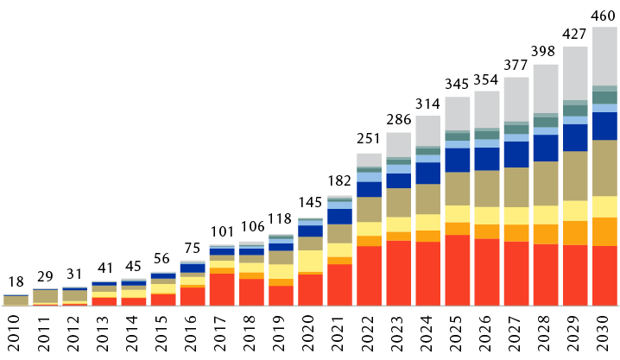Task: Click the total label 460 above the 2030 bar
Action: click(x=604, y=16)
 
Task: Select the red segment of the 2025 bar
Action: click(x=458, y=269)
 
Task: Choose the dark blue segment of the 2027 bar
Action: click(x=516, y=155)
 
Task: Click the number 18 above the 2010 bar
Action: click(x=16, y=282)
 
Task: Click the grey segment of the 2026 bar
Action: click(x=487, y=110)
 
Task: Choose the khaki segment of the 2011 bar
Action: click(x=46, y=295)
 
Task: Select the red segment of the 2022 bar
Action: click(x=370, y=275)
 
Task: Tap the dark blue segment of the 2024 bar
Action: click(x=428, y=174)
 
